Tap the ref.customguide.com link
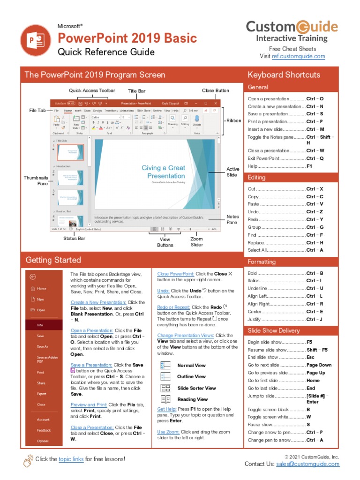tap(298, 56)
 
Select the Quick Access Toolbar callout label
tap(92, 90)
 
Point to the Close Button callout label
tap(216, 90)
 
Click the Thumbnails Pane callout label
tap(36, 181)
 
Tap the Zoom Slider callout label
tap(197, 242)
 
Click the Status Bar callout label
tap(74, 239)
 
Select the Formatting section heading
tap(262, 262)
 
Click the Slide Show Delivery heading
tap(274, 330)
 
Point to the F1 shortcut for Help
tap(309, 166)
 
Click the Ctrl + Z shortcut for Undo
tap(315, 212)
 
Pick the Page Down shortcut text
tap(319, 365)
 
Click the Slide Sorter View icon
tap(165, 388)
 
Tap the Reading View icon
tap(165, 399)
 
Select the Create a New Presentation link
tap(98, 302)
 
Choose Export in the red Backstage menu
tap(42, 394)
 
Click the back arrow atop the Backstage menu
tap(32, 277)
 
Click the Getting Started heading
tap(53, 260)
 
